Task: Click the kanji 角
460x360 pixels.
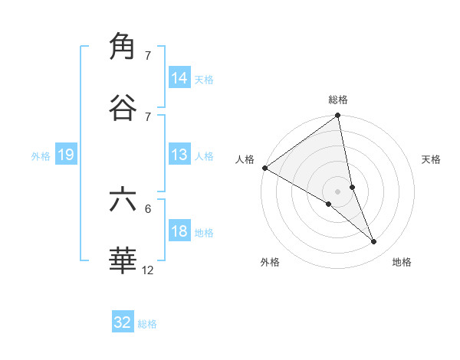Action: point(123,47)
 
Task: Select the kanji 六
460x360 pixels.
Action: point(123,199)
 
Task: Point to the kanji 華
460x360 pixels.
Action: point(123,260)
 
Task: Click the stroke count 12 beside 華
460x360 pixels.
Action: point(148,270)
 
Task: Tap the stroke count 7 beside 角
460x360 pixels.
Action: point(148,56)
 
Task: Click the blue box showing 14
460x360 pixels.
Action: point(179,78)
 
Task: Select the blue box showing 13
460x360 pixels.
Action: point(179,155)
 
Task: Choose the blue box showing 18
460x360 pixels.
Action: point(179,231)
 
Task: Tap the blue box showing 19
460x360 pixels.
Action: point(66,155)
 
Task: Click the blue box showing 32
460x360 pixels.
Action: point(123,322)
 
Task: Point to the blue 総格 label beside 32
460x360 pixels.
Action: point(147,324)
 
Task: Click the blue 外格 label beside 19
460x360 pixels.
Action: point(41,156)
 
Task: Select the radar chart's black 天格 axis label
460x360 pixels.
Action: point(431,159)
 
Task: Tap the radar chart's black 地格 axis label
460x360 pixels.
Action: point(402,262)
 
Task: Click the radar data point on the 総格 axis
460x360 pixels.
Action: point(338,116)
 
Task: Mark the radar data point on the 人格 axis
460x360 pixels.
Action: point(264,168)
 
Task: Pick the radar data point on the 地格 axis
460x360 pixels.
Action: point(374,241)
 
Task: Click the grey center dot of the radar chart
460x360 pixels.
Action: point(338,191)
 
